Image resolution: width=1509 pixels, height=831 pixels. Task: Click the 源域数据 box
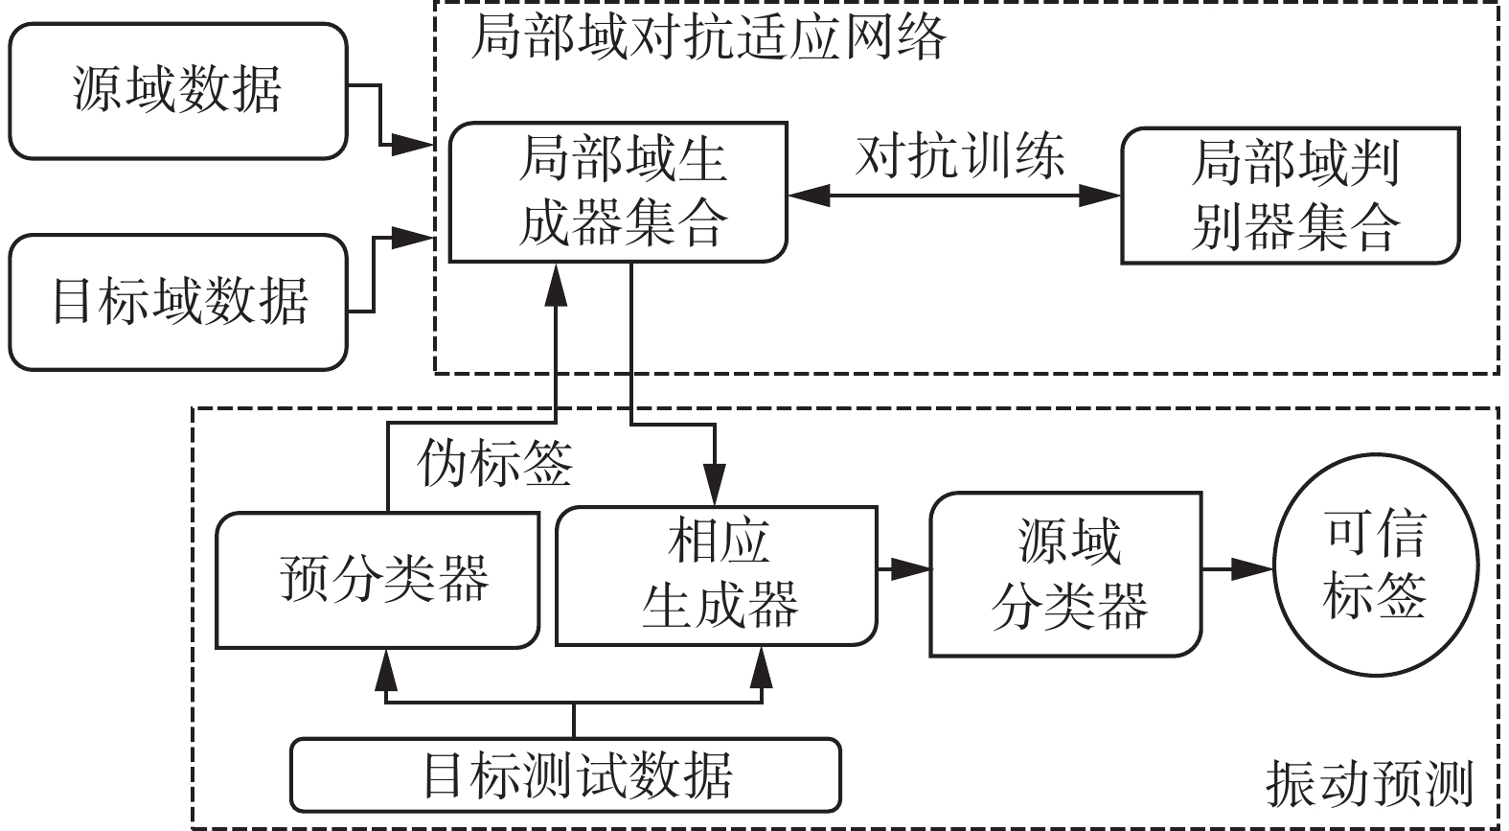click(177, 91)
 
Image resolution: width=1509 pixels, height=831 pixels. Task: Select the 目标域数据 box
click(177, 301)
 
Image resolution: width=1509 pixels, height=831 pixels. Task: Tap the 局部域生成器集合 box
click(619, 192)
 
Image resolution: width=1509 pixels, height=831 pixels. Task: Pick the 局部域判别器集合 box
click(1291, 196)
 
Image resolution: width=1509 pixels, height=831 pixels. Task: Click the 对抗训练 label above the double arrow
click(959, 156)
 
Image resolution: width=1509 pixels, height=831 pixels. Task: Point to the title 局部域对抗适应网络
click(708, 38)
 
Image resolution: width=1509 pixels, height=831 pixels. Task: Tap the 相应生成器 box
click(717, 575)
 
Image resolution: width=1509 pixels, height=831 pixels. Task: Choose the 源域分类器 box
click(1066, 575)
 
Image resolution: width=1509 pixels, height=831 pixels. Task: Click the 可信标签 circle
click(1375, 568)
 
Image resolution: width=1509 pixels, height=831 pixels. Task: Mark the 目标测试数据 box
click(565, 774)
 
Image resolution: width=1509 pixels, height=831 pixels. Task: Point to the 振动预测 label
click(1368, 784)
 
